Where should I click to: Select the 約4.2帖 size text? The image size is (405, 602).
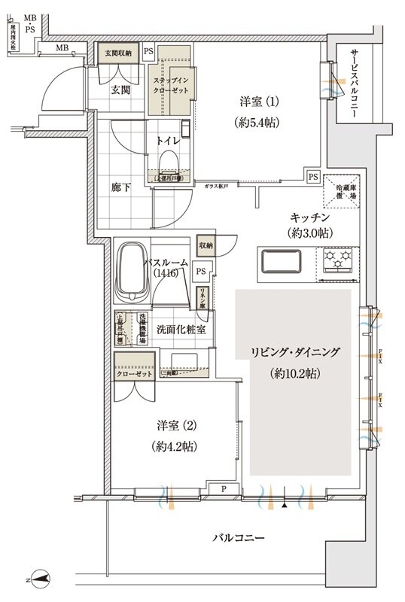pyautogui.click(x=174, y=446)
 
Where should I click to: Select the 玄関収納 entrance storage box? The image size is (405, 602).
pyautogui.click(x=118, y=53)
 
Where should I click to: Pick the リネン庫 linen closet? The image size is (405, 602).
pyautogui.click(x=203, y=297)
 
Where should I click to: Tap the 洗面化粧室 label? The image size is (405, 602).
pyautogui.click(x=178, y=330)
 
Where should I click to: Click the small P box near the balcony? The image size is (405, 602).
pyautogui.click(x=224, y=488)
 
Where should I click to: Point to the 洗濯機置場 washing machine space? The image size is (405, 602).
pyautogui.click(x=141, y=329)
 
